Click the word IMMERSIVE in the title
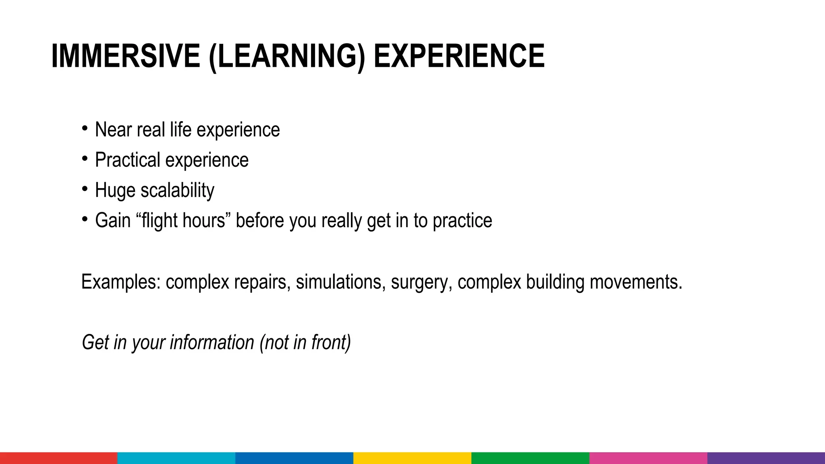pyautogui.click(x=126, y=56)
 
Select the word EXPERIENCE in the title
pyautogui.click(x=459, y=56)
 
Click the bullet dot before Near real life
pyautogui.click(x=84, y=128)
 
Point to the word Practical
pyautogui.click(x=128, y=160)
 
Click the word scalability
pyautogui.click(x=177, y=190)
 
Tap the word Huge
pyautogui.click(x=114, y=190)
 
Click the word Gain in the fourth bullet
pyautogui.click(x=113, y=220)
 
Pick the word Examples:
pyautogui.click(x=121, y=282)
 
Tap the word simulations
pyautogui.click(x=338, y=282)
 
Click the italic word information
pyautogui.click(x=212, y=342)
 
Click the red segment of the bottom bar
pyautogui.click(x=59, y=458)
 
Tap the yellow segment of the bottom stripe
pyautogui.click(x=412, y=458)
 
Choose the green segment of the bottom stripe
pyautogui.click(x=530, y=458)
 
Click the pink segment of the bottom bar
pyautogui.click(x=648, y=458)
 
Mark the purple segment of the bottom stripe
pyautogui.click(x=766, y=458)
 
